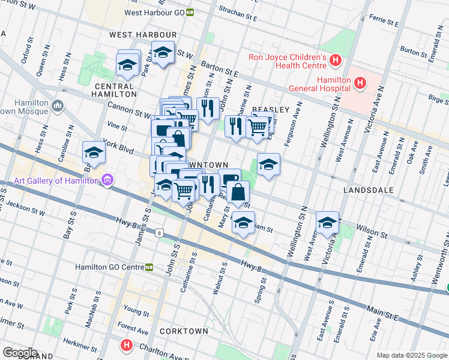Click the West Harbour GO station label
pos(154,12)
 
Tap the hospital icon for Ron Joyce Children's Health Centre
pos(335,61)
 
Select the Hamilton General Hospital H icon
pos(360,82)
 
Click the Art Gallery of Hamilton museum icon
pos(107,180)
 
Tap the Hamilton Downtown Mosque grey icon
pos(58,106)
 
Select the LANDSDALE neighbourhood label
pos(368,190)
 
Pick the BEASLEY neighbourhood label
pos(271,110)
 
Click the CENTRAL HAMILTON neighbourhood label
pos(115,90)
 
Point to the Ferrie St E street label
pos(385,23)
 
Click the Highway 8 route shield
pos(158,233)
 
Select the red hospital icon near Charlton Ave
pos(126,345)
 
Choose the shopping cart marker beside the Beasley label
pos(258,127)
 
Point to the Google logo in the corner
pos(20,352)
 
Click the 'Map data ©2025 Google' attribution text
pos(411,355)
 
